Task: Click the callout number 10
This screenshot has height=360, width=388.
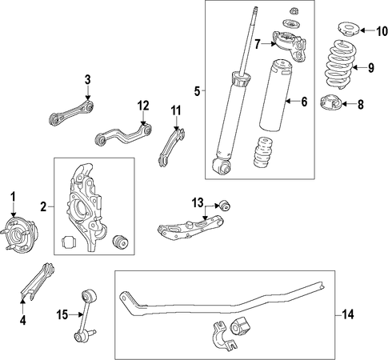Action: (x=382, y=31)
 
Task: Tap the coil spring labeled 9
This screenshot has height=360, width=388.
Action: (x=339, y=65)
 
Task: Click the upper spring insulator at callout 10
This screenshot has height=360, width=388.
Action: (x=349, y=30)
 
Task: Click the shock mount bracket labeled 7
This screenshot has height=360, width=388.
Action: (x=290, y=46)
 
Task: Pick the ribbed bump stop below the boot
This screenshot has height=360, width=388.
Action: (x=263, y=153)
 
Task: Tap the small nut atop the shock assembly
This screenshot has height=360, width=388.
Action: (x=294, y=11)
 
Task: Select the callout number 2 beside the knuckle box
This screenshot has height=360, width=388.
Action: (x=43, y=206)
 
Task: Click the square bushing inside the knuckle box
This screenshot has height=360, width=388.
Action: (x=69, y=242)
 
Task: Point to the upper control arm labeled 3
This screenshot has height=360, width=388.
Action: (x=72, y=112)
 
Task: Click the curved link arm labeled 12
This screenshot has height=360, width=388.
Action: (x=123, y=135)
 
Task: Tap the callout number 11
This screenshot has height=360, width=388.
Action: (x=176, y=110)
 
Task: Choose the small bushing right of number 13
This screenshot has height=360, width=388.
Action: (x=225, y=206)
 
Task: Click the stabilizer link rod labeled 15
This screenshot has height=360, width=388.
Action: (x=85, y=316)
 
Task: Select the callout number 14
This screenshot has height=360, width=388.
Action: (x=348, y=314)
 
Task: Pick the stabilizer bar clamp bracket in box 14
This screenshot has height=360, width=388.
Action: (x=223, y=336)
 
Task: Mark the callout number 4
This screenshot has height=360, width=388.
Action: (x=23, y=320)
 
